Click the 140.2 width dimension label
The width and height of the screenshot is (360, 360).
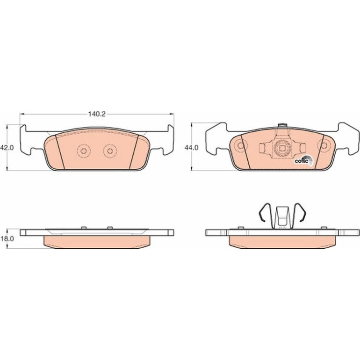tap(97, 114)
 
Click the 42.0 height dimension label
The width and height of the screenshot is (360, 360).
tap(7, 148)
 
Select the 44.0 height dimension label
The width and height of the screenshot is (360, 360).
tap(192, 148)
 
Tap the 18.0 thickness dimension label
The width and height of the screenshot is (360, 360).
tap(7, 239)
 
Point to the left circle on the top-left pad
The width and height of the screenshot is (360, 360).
tap(84, 151)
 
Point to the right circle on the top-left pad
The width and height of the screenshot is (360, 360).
tap(110, 151)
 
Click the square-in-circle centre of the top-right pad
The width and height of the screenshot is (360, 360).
tap(281, 149)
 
